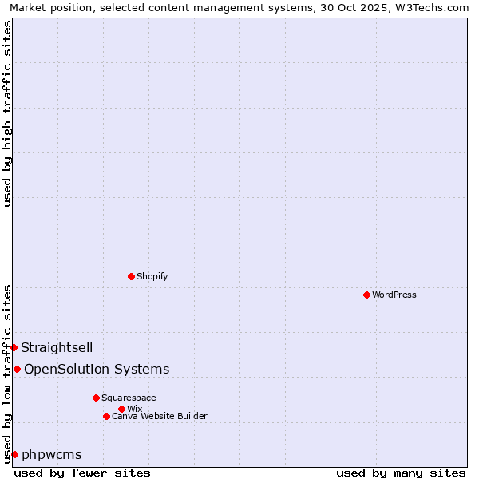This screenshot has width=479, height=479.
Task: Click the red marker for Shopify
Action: [x=131, y=276]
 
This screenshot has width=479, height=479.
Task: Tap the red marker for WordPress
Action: [x=366, y=295]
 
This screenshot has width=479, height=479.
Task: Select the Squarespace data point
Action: [x=96, y=398]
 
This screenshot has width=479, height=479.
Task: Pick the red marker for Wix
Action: [x=121, y=409]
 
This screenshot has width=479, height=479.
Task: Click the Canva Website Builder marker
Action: [x=106, y=416]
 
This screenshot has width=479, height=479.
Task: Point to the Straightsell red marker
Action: [x=14, y=347]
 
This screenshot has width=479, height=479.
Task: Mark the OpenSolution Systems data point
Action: [x=17, y=369]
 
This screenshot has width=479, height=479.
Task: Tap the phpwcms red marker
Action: [x=14, y=454]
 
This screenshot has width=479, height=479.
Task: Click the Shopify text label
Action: [x=152, y=276]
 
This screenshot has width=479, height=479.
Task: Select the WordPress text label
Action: [x=394, y=295]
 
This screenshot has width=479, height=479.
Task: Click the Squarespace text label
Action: [x=129, y=398]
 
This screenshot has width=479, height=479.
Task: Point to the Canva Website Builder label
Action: [x=160, y=416]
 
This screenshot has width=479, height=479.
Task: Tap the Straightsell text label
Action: [x=57, y=347]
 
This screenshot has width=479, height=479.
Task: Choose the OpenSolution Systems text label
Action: [x=97, y=369]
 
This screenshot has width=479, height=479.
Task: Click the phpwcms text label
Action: [x=52, y=454]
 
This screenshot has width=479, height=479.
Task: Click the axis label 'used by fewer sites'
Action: [x=82, y=473]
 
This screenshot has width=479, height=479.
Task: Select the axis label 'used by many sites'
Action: [x=401, y=473]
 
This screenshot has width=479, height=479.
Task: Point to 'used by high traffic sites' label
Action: [x=7, y=113]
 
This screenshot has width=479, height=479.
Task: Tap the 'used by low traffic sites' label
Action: [x=7, y=374]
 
